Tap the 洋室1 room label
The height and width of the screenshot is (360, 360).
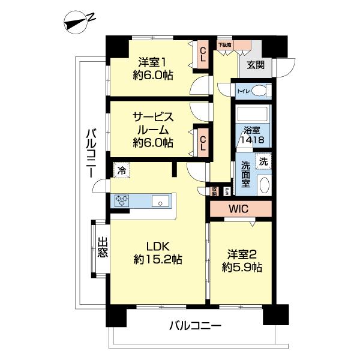[153, 68]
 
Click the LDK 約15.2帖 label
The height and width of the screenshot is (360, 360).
[159, 253]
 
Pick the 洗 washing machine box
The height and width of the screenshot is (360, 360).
[263, 161]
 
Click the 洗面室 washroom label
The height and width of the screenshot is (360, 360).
[246, 174]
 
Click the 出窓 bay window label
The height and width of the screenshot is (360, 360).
[103, 248]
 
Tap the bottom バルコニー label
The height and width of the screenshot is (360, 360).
[194, 327]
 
